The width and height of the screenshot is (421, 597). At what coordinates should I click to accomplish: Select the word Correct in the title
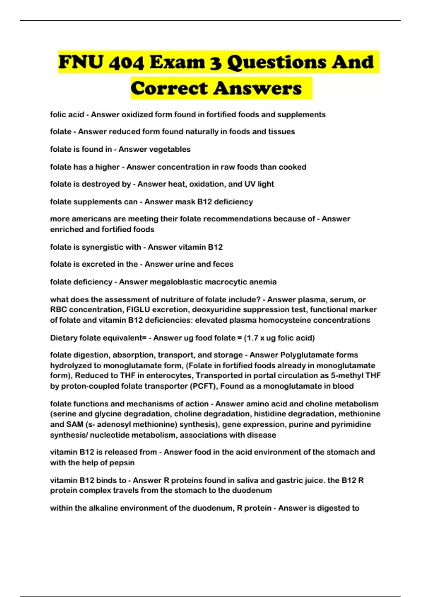pos(169,88)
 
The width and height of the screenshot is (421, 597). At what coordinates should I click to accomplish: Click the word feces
pos(222,264)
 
